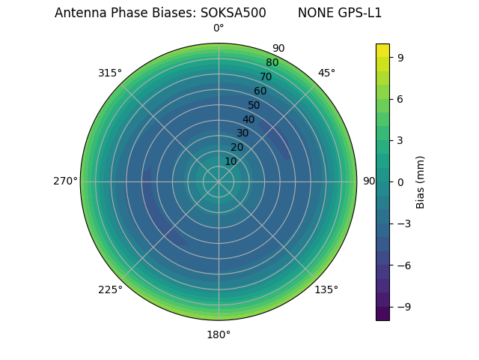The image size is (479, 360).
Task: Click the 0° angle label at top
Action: [x=219, y=28]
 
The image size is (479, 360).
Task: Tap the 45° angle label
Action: [x=326, y=73]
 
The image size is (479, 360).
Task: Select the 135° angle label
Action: [x=326, y=289]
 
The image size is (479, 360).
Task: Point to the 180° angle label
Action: [x=219, y=334]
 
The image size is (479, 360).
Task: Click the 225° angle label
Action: [x=110, y=290]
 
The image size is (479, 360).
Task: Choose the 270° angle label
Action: [x=65, y=181]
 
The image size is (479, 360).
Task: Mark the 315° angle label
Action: [x=110, y=73]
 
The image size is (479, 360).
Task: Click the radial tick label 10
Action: [x=231, y=161]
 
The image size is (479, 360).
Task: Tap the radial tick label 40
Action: [x=248, y=119]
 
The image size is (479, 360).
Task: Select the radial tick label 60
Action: [x=260, y=91]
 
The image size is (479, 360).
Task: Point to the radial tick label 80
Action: [x=272, y=63]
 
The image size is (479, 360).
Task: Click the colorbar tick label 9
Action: [x=400, y=57]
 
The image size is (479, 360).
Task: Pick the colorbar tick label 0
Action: [x=400, y=181]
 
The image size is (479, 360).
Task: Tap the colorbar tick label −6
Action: [x=403, y=265]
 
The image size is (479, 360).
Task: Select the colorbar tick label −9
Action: [x=403, y=307]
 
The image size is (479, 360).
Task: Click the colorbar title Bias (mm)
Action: [x=421, y=181]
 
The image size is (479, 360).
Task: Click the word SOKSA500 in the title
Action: [x=233, y=13]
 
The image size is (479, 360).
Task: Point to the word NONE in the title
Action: [x=313, y=13]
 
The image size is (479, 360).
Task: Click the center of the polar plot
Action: [x=219, y=181]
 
